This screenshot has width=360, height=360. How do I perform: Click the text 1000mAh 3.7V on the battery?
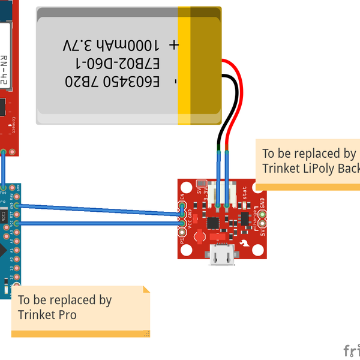point(111,46)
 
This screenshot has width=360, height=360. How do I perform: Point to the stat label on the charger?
point(244,193)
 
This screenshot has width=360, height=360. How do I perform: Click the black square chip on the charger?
point(213,223)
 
